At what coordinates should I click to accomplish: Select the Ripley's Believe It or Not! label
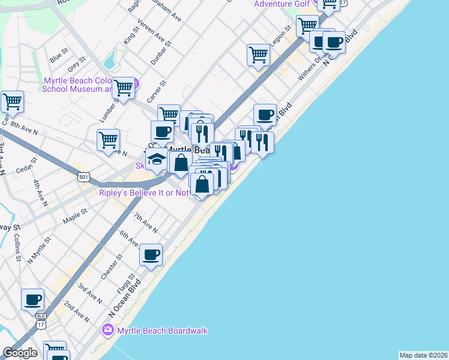pos(145,193)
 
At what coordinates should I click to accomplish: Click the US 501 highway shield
pos(83,176)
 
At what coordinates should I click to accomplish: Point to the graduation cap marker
pos(157,160)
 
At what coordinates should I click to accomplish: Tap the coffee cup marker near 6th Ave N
pos(151,254)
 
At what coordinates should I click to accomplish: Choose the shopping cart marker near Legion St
pos(258,55)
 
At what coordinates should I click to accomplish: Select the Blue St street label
pos(59,56)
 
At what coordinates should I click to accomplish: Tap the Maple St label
pos(75,217)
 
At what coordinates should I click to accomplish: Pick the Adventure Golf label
pos(282,4)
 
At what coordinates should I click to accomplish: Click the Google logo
pos(20,353)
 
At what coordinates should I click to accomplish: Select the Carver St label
pos(155,91)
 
